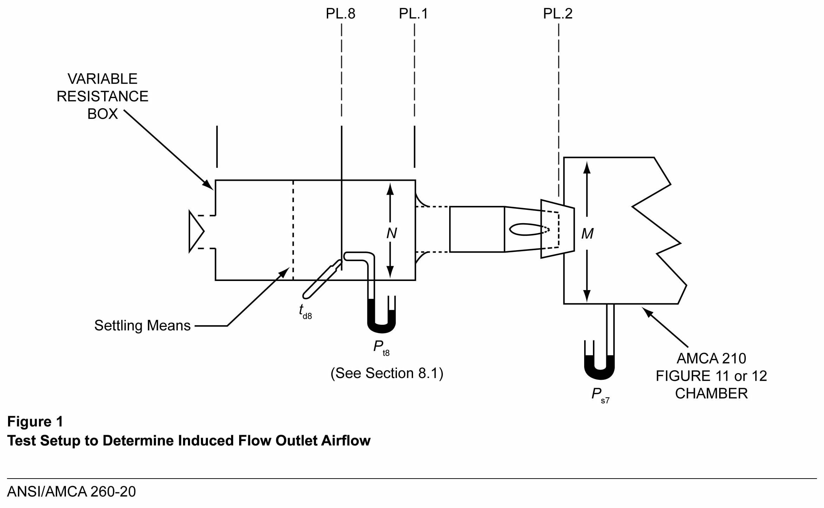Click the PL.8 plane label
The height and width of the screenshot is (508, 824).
[x=340, y=14]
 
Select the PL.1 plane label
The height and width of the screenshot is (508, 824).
[x=413, y=14]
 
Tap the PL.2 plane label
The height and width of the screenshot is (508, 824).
[x=558, y=14]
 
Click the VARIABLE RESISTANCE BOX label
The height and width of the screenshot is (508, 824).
[x=102, y=96]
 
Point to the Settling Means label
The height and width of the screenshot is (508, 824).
[x=142, y=326]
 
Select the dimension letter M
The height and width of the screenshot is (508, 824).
[x=587, y=234]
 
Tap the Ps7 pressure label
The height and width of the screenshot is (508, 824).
[x=600, y=395]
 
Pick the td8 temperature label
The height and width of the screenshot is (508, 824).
[x=305, y=311]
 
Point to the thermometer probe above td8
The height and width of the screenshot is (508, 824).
[x=321, y=280]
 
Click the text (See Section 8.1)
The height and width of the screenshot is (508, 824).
[x=387, y=373]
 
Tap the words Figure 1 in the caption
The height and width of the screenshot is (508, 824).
[x=35, y=421]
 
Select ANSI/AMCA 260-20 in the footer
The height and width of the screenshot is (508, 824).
[x=72, y=492]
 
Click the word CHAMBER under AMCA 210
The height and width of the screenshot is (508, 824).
[x=711, y=394]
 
